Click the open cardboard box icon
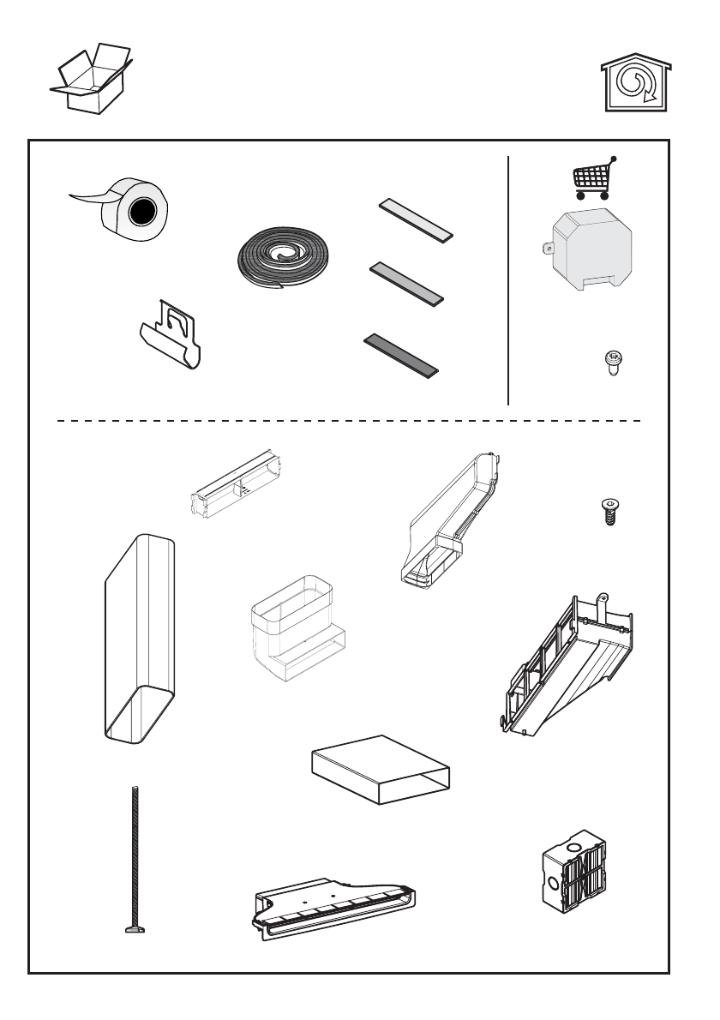pyautogui.click(x=90, y=79)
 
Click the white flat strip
pyautogui.click(x=416, y=220)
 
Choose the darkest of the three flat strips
pyautogui.click(x=401, y=354)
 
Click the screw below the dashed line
pyautogui.click(x=609, y=511)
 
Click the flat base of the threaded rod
pyautogui.click(x=135, y=928)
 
